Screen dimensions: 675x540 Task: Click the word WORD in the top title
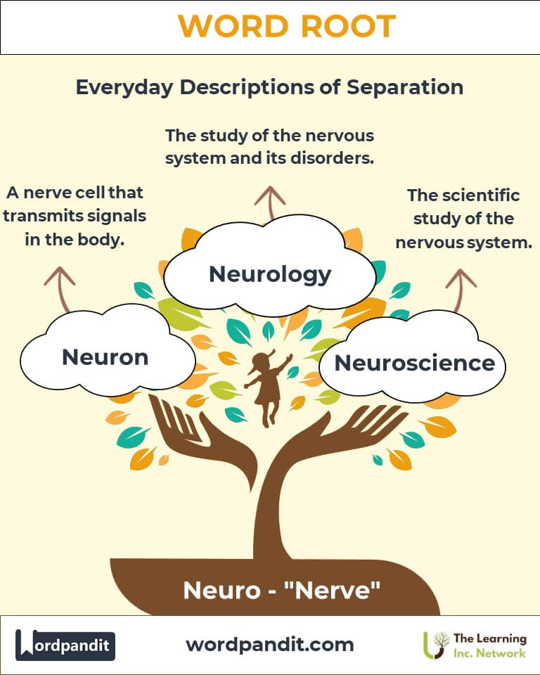click(x=230, y=27)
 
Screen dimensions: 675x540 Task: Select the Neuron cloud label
click(x=105, y=356)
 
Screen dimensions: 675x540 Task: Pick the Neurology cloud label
click(x=270, y=274)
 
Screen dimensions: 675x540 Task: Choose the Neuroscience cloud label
click(x=414, y=363)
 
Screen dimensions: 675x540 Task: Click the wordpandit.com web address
click(x=270, y=643)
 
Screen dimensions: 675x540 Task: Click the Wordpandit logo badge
click(x=65, y=644)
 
